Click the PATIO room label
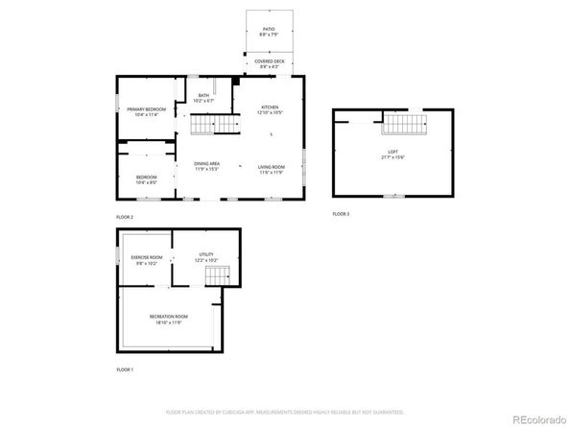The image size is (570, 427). (269, 31)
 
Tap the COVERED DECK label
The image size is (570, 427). (270, 63)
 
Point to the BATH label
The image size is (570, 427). (203, 97)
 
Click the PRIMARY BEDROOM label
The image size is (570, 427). (147, 111)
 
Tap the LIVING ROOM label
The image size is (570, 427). (272, 168)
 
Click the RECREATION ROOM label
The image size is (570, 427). (168, 319)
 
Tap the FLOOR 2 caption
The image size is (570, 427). (125, 218)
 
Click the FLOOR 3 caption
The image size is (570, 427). (341, 213)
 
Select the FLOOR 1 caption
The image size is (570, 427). (125, 369)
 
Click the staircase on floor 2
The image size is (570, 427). (213, 126)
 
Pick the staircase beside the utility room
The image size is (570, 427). (218, 275)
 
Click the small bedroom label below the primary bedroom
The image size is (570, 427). (146, 178)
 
